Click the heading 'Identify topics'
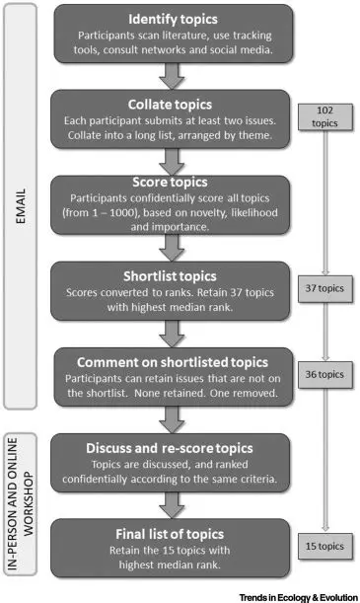[174, 19]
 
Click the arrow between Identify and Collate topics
[174, 73]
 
